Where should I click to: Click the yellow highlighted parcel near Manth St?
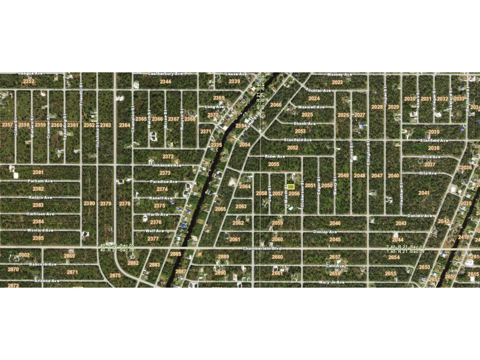[x=291, y=187]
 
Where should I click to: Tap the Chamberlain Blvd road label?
[x=262, y=248]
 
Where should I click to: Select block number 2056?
[x=294, y=193]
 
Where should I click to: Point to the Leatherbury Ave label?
[x=165, y=74]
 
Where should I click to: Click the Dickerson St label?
[x=302, y=193]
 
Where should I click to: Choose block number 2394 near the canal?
[x=241, y=126]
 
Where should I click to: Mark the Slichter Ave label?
[x=318, y=90]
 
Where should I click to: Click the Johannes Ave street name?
[x=167, y=165]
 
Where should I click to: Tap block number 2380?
[x=89, y=203]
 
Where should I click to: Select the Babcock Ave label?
[x=43, y=264]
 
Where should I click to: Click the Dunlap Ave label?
[x=325, y=232]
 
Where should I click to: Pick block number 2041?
[x=424, y=193]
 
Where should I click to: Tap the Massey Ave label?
[x=340, y=74]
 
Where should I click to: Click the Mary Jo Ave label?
[x=332, y=282]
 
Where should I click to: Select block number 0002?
[x=24, y=255]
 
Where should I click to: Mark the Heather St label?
[x=401, y=194]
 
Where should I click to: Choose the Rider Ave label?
[x=275, y=156]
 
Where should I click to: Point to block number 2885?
[x=176, y=254]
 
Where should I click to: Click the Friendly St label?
[x=81, y=94]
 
